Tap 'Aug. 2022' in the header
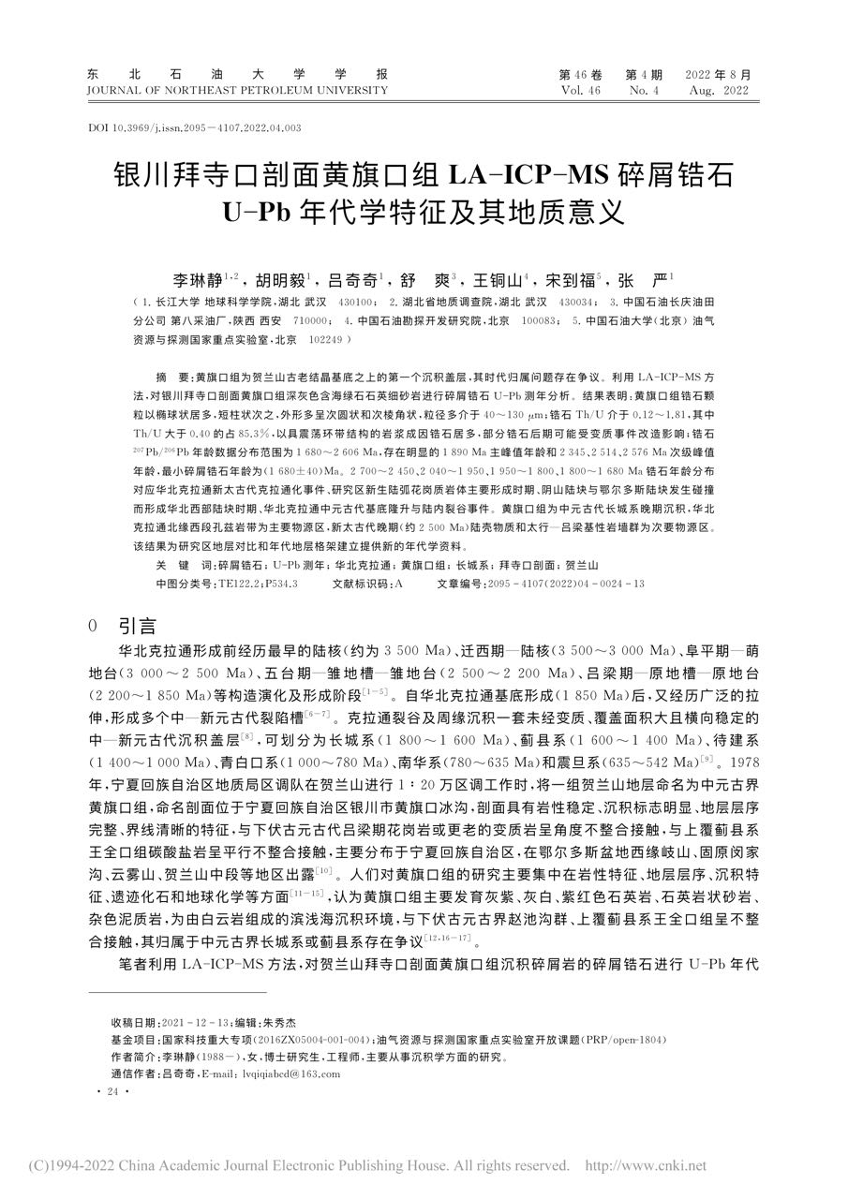point(719,91)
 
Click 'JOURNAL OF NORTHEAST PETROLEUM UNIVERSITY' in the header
point(236,91)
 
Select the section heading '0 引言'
point(122,626)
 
